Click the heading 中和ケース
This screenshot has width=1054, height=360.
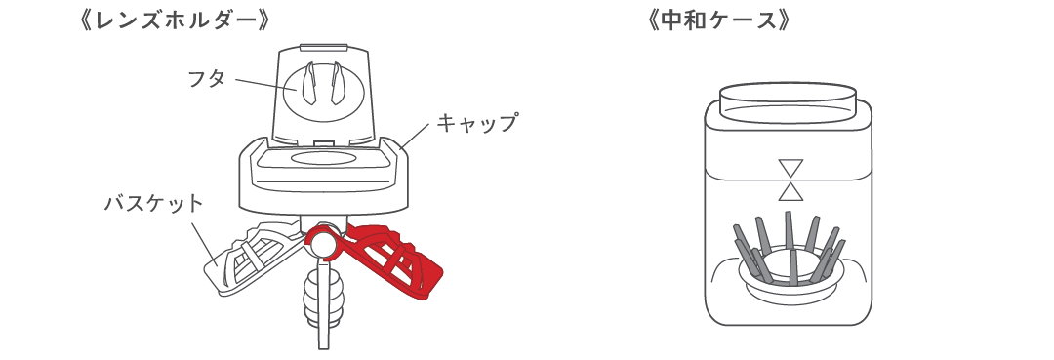717,20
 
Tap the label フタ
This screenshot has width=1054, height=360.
206,78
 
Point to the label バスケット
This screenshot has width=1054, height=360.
154,204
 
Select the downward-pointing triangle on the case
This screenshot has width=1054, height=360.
790,167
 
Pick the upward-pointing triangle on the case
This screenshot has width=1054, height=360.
790,189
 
